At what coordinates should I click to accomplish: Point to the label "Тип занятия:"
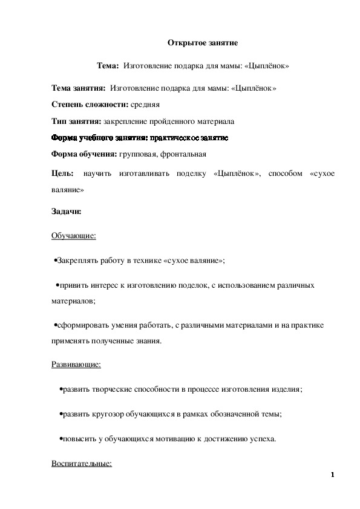pyautogui.click(x=76, y=121)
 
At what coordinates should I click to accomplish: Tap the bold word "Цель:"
pyautogui.click(x=63, y=174)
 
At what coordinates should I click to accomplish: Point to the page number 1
pyautogui.click(x=333, y=475)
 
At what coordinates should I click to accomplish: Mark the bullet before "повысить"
pyautogui.click(x=61, y=438)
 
